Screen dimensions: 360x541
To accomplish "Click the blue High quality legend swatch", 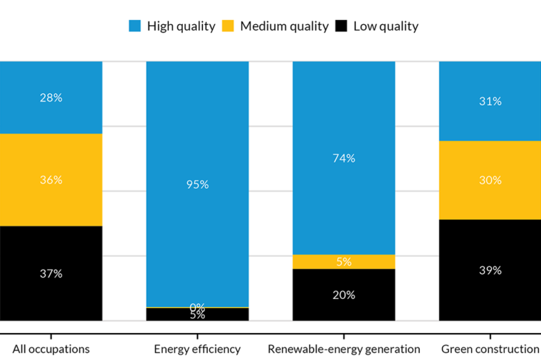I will [135, 26].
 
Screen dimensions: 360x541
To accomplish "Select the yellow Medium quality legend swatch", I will [228, 26].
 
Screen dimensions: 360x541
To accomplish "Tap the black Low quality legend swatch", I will [342, 26].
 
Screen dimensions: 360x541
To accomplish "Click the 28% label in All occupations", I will [51, 97].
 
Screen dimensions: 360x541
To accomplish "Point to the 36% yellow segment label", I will [51, 180].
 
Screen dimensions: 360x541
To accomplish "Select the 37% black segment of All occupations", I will [51, 273].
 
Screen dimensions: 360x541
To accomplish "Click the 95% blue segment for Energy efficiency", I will [197, 184].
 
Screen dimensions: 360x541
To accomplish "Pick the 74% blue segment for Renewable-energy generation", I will [344, 158].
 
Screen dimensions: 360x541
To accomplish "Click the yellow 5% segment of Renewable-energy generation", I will [344, 261].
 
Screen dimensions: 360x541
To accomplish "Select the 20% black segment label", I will [344, 295].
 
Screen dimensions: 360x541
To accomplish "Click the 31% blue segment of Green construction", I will [490, 101].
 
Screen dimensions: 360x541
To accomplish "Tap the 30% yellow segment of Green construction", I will [490, 180].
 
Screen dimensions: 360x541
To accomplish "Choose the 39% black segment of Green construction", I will [490, 270].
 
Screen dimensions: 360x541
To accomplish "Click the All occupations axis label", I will [51, 349].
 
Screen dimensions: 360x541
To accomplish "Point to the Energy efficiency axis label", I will [197, 349].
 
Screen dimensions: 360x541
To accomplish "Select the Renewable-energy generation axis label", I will [344, 349].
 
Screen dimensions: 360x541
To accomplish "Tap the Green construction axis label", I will [490, 349].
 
